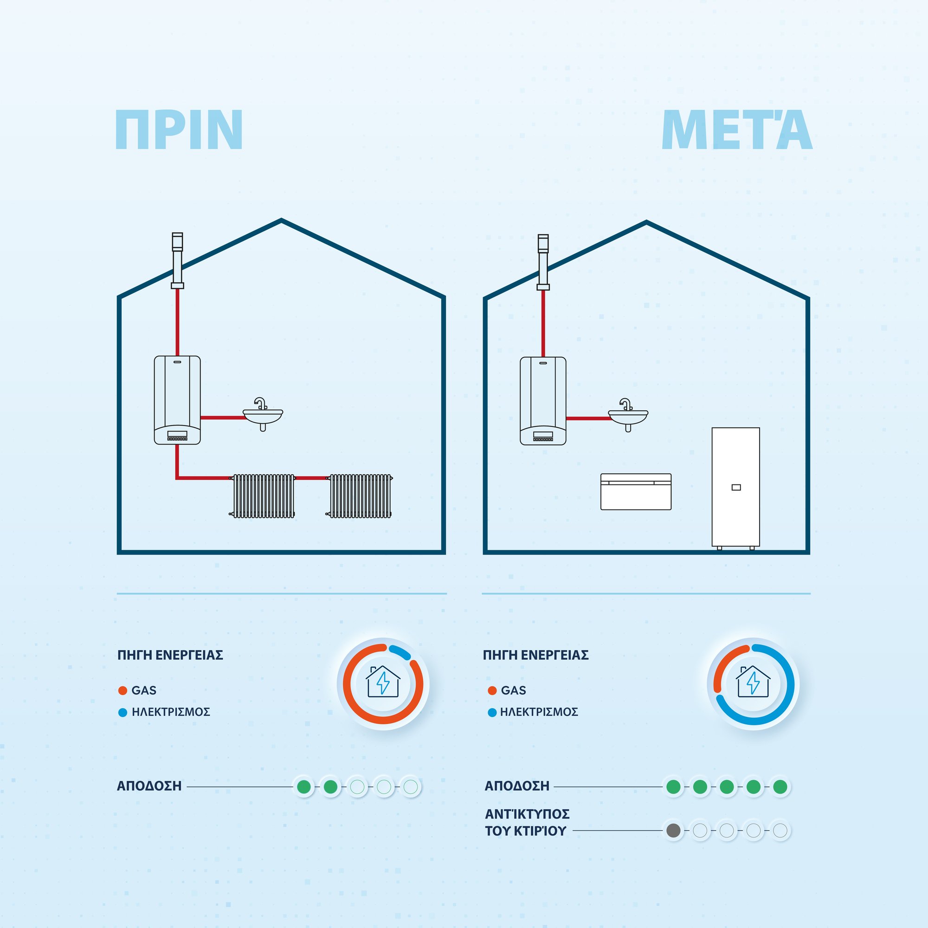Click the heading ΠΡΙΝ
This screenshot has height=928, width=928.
[x=179, y=130]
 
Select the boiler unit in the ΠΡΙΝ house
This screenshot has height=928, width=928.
[x=177, y=400]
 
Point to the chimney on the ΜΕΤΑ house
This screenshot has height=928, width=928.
[x=543, y=262]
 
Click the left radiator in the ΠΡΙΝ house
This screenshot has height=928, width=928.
[x=263, y=496]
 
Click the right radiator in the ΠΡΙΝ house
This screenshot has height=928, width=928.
[x=360, y=496]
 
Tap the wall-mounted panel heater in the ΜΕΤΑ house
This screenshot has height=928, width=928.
[x=636, y=491]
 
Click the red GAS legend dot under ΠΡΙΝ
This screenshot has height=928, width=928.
[x=122, y=691]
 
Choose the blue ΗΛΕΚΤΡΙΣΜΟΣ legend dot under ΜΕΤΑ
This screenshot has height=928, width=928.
[x=492, y=712]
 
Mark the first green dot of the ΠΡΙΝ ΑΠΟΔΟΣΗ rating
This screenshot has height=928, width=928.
[x=303, y=787]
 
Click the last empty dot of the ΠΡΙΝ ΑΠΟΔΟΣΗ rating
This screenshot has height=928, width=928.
[x=411, y=787]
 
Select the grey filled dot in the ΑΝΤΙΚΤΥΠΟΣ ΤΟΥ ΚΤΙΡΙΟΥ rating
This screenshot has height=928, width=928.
[x=673, y=830]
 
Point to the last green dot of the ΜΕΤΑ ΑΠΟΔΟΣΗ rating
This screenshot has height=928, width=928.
[x=780, y=787]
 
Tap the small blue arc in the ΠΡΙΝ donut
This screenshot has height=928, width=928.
[x=399, y=652]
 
